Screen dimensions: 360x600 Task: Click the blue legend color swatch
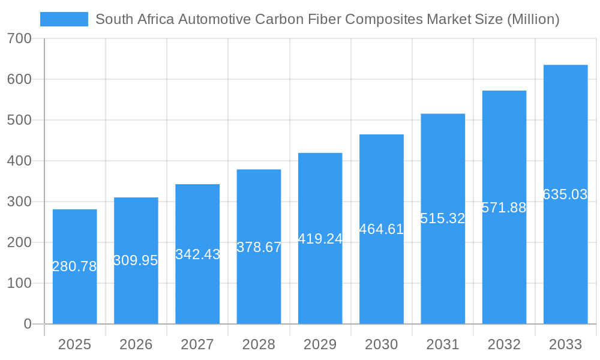64,19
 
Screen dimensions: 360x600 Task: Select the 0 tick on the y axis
27,324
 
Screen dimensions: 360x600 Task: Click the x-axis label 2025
74,344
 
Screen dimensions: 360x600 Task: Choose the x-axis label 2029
320,344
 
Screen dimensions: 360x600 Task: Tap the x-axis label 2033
565,344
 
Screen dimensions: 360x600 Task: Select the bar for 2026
136,288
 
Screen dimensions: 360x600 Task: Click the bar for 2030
382,276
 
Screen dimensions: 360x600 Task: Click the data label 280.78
74,266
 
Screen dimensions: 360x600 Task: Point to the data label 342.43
197,254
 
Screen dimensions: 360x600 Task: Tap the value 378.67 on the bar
259,247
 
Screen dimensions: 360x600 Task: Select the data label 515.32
443,218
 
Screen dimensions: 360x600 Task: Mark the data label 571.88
504,208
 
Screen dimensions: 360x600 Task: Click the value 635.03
565,194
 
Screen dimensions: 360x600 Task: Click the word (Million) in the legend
533,19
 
